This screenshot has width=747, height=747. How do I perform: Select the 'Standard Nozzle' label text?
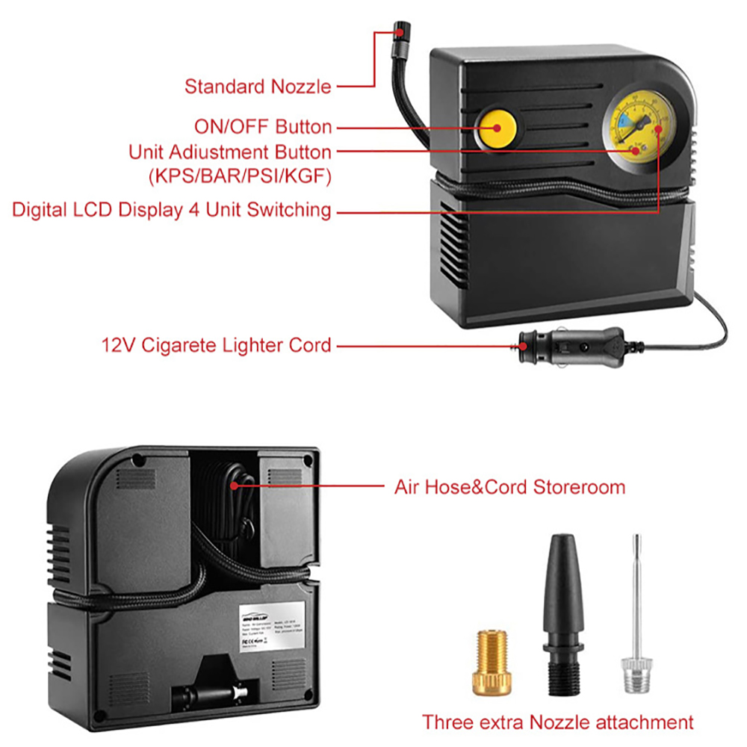pos(258,87)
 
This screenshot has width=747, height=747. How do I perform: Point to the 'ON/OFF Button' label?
pos(263,126)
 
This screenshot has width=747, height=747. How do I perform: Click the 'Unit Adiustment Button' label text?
pos(230,152)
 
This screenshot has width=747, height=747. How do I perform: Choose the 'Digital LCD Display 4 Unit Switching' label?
pos(171,210)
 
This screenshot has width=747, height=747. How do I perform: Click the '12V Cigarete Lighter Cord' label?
pos(216,345)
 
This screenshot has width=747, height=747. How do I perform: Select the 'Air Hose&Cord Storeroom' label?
pos(509,488)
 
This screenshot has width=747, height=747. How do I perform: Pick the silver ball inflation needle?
pos(635,613)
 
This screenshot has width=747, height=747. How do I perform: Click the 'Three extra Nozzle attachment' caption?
pos(557,722)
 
